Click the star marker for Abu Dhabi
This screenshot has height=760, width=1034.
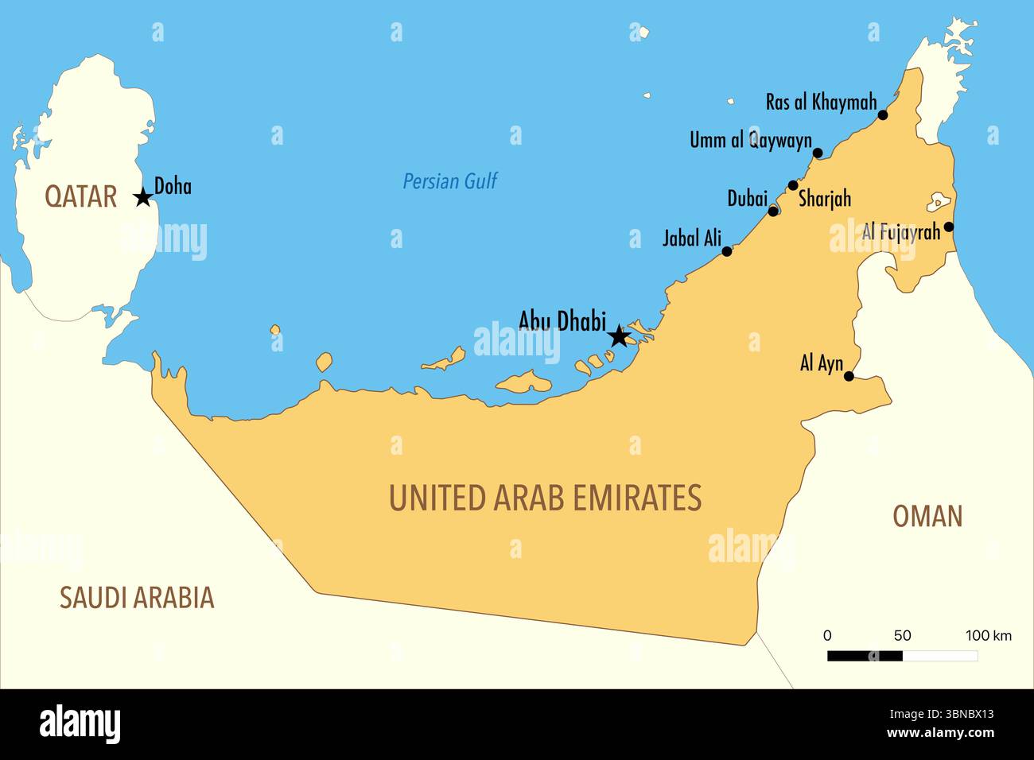point(619,337)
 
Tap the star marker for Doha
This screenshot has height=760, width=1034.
point(143,197)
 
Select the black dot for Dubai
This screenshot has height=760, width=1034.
point(773,211)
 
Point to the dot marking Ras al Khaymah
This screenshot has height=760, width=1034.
point(882,115)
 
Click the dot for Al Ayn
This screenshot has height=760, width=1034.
point(849,377)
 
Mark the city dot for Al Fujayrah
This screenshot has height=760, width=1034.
point(948,227)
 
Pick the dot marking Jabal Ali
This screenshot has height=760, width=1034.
point(726,251)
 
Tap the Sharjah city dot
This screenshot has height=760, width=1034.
point(793,186)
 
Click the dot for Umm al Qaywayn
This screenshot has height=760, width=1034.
point(818,153)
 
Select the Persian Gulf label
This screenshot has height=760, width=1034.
point(449,181)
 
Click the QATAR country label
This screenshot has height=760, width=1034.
point(80,196)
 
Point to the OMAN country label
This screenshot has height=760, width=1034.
point(927,517)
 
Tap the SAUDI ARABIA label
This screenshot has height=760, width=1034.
point(137,598)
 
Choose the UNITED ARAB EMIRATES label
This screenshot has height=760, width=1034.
point(545,498)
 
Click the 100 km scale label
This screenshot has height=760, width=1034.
point(989,635)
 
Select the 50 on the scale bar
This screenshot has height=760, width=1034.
point(902,635)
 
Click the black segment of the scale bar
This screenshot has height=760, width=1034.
point(865,656)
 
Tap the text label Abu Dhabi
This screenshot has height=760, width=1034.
point(562,320)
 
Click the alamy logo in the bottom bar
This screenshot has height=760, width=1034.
point(80,724)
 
